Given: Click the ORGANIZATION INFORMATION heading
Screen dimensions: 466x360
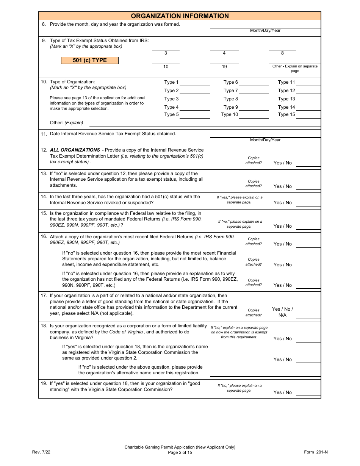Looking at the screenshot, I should coord(180,16).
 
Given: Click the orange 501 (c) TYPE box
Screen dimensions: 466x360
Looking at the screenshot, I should coord(90,60).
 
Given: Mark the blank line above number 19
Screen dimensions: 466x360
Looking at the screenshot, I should coord(224,63).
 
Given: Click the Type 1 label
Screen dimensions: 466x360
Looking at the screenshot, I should coord(171,82).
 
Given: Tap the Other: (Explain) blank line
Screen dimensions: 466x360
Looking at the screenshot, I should coord(205,125).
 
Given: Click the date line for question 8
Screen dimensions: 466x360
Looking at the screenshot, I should coord(265,27).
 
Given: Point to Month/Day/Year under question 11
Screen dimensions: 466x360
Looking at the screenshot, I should coord(265,140).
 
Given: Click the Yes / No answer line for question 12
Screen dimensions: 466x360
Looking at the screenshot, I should coord(308,165).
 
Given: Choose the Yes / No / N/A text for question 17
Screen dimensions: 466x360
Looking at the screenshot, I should coord(283,312).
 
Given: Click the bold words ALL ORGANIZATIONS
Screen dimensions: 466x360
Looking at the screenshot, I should coord(75,150).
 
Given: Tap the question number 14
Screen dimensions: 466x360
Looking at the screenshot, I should coord(44,197).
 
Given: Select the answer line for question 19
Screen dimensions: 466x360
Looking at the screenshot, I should coord(308,395).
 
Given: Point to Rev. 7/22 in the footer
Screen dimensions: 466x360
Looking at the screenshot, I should coord(41,452).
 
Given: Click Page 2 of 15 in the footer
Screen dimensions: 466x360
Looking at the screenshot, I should coord(180,452).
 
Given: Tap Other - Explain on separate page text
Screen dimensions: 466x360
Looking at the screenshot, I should coord(295,69).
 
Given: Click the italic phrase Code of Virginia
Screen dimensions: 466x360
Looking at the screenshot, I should coord(126,332).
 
